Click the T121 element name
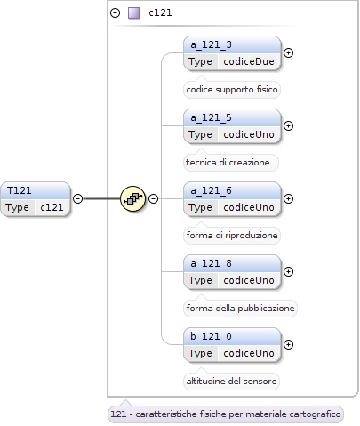pos(20,190)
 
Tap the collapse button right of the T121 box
pos(77,198)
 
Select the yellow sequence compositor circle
pos(132,198)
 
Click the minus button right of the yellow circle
pos(153,198)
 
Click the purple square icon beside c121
pos(134,13)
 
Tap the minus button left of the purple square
pos(116,13)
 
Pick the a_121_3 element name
pos(211,44)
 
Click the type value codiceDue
pos(249,61)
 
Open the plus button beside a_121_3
pos(288,53)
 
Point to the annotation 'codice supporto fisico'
pos(232,90)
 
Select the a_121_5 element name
pos(211,117)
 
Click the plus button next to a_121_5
pos(288,126)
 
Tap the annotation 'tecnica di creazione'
pos(228,163)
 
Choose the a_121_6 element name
pos(211,190)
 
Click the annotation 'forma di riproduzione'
pos(232,236)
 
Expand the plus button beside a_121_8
pos(288,272)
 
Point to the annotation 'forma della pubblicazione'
pos(240,309)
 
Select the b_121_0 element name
pos(211,336)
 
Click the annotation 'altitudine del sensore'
pos(231,382)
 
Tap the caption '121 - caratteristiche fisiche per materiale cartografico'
pos(226,414)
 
